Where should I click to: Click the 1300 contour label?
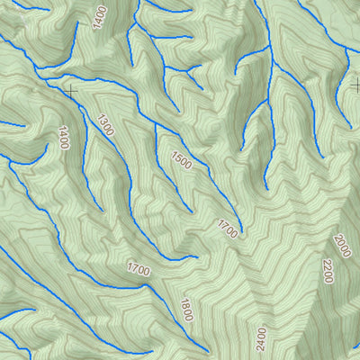coord(106,125)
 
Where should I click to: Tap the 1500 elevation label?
coord(181,161)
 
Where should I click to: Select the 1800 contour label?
coord(186,310)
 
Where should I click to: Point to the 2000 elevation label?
coord(342,245)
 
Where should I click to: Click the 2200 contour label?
coord(328,270)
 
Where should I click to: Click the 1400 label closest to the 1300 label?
coord(63,138)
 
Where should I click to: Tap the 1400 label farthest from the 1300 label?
coord(100,15)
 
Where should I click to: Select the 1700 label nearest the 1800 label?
coord(138,269)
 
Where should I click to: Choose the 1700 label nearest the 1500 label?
coord(227,229)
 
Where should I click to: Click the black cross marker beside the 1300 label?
coord(70,91)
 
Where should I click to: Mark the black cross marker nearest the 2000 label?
coord(356,85)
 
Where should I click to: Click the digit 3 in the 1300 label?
coord(103,121)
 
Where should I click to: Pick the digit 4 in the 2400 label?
coord(262,341)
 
